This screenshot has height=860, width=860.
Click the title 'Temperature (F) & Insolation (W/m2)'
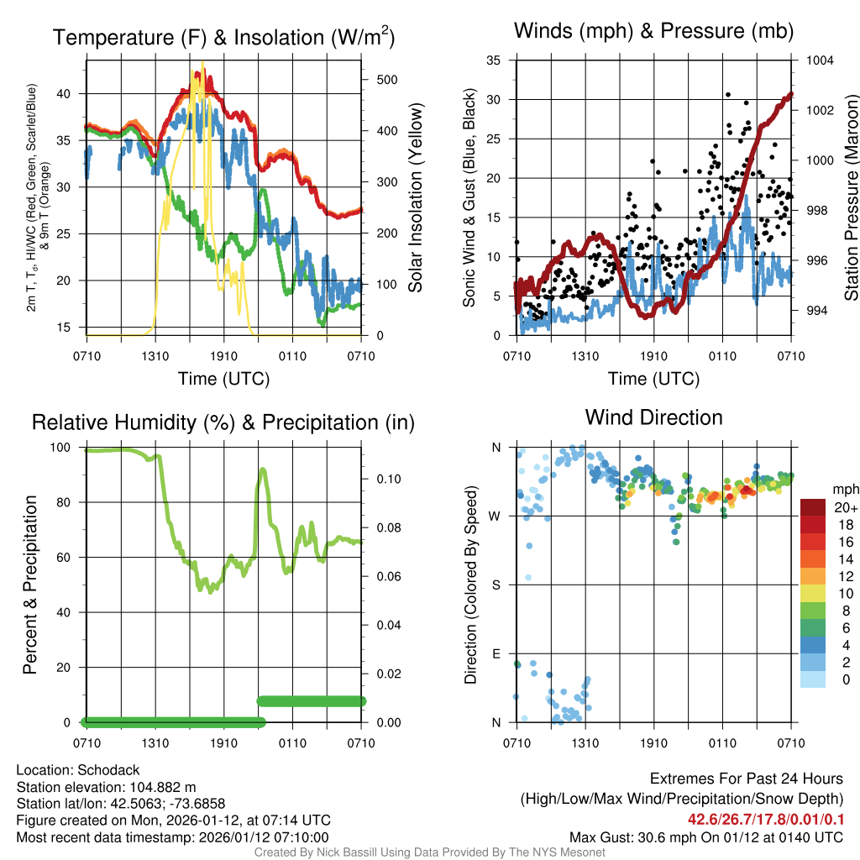[223, 37]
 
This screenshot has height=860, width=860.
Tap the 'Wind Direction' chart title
[653, 417]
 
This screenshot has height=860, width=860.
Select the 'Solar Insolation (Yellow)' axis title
[415, 198]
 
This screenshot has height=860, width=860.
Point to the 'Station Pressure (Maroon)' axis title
[851, 198]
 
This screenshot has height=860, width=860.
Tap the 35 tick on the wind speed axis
[494, 60]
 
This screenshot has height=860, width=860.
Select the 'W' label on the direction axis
[496, 516]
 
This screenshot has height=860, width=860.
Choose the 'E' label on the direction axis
[496, 653]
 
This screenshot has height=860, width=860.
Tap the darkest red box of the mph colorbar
[813, 507]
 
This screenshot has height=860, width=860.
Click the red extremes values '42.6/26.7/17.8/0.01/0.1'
[766, 820]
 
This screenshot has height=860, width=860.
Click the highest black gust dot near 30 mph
[728, 95]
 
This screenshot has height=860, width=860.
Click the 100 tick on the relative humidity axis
[64, 447]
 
